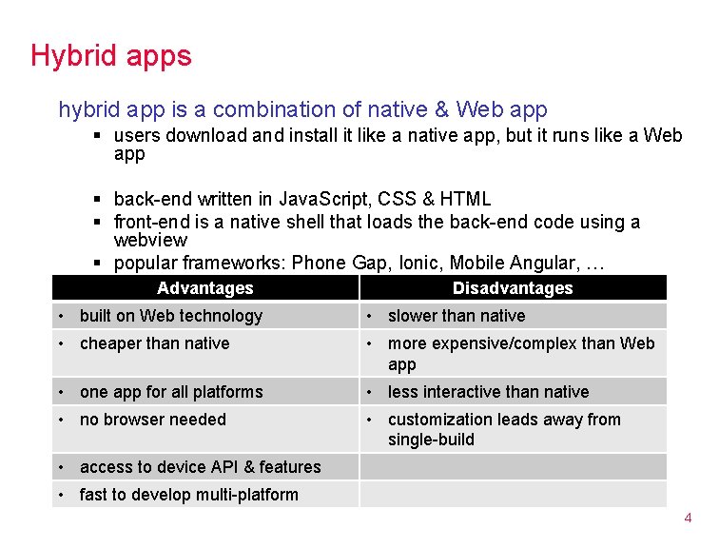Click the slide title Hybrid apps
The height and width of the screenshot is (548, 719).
(110, 55)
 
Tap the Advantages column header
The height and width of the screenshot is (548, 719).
(205, 288)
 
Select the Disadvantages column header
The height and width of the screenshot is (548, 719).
(513, 288)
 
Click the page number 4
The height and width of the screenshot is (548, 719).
(688, 519)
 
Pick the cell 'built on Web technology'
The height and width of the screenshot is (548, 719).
(171, 316)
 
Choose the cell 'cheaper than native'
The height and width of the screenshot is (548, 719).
(155, 343)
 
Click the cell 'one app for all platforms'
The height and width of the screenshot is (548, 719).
(171, 392)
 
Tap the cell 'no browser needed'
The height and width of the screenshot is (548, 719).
(153, 420)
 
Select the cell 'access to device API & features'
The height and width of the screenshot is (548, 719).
(201, 467)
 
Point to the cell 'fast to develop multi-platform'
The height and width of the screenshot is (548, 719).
(189, 495)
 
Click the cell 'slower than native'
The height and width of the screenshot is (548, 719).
(457, 316)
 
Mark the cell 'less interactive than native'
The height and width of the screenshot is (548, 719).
(488, 392)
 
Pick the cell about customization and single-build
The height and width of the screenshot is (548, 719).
(504, 429)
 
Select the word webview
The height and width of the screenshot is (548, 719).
(150, 241)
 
